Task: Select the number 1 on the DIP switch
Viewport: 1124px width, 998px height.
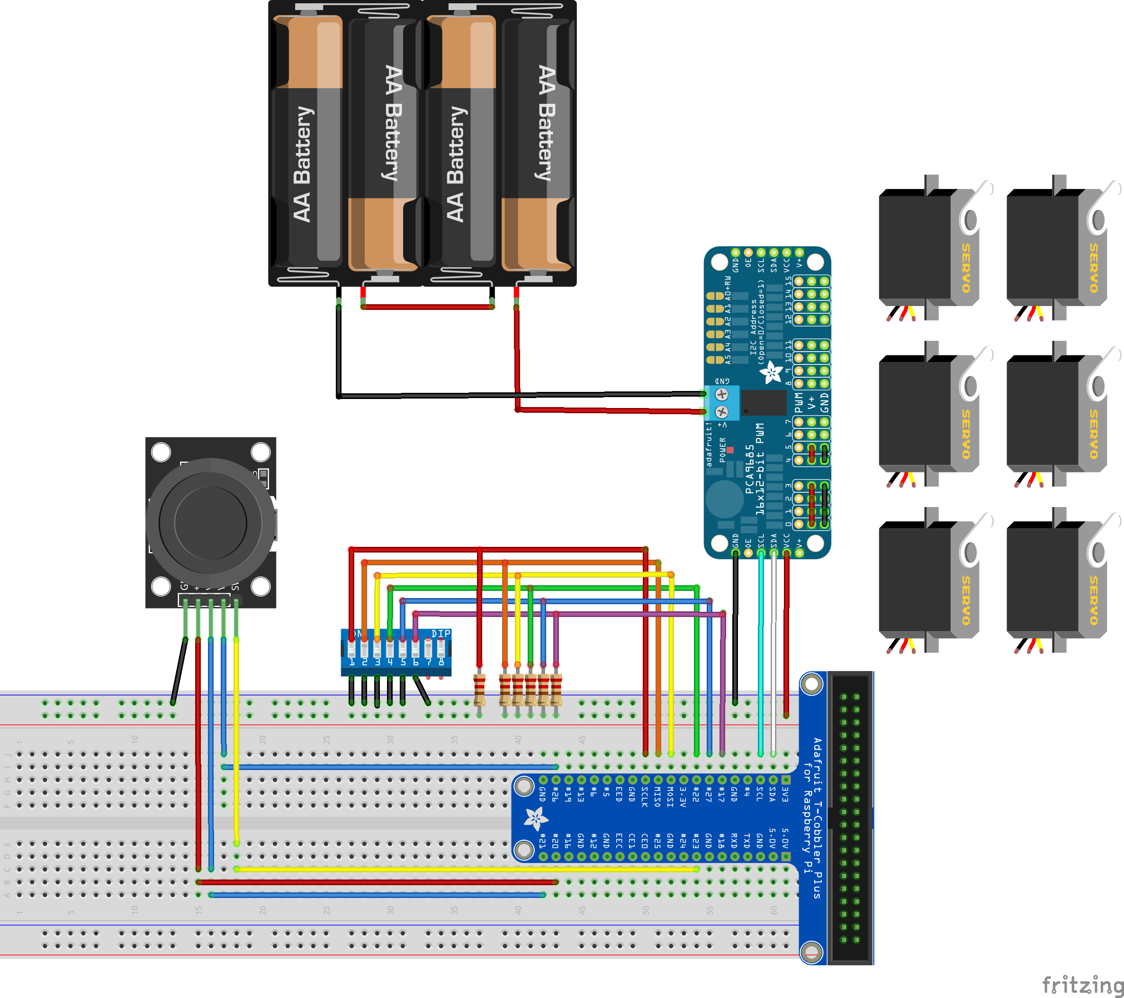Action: click(x=351, y=662)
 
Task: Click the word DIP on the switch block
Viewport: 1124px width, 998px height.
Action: click(x=441, y=634)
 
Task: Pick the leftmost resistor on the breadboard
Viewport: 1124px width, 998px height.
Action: click(x=479, y=689)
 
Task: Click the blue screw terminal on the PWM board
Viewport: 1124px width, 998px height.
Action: click(x=721, y=403)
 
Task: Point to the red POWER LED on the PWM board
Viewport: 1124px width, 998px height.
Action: click(x=730, y=450)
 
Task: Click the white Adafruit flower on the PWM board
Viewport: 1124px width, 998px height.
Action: click(x=771, y=372)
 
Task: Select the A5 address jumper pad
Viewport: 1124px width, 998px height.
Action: click(x=715, y=360)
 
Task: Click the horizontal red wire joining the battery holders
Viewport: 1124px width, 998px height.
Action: click(x=427, y=307)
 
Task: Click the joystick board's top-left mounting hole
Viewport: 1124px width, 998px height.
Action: click(x=161, y=452)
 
